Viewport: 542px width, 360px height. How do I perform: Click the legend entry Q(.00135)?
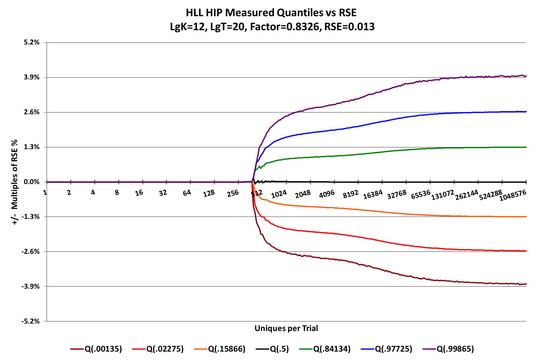[103, 349]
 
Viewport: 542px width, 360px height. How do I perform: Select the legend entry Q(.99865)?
[455, 349]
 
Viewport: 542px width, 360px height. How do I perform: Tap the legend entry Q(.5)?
[279, 349]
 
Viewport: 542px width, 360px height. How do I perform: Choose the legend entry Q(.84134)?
[332, 349]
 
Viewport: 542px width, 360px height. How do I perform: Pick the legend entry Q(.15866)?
[227, 349]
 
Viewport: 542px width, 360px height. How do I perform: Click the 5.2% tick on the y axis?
[31, 42]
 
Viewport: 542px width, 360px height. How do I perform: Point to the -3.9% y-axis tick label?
[31, 287]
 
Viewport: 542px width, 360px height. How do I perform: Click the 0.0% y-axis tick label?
[31, 182]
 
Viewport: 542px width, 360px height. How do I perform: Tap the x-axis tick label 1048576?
[513, 195]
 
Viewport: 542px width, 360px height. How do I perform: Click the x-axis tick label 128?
[209, 193]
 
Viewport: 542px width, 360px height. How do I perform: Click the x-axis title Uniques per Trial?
[286, 328]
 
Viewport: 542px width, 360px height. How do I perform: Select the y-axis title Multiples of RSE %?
[14, 182]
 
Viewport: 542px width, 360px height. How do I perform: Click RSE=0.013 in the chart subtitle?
[349, 27]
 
